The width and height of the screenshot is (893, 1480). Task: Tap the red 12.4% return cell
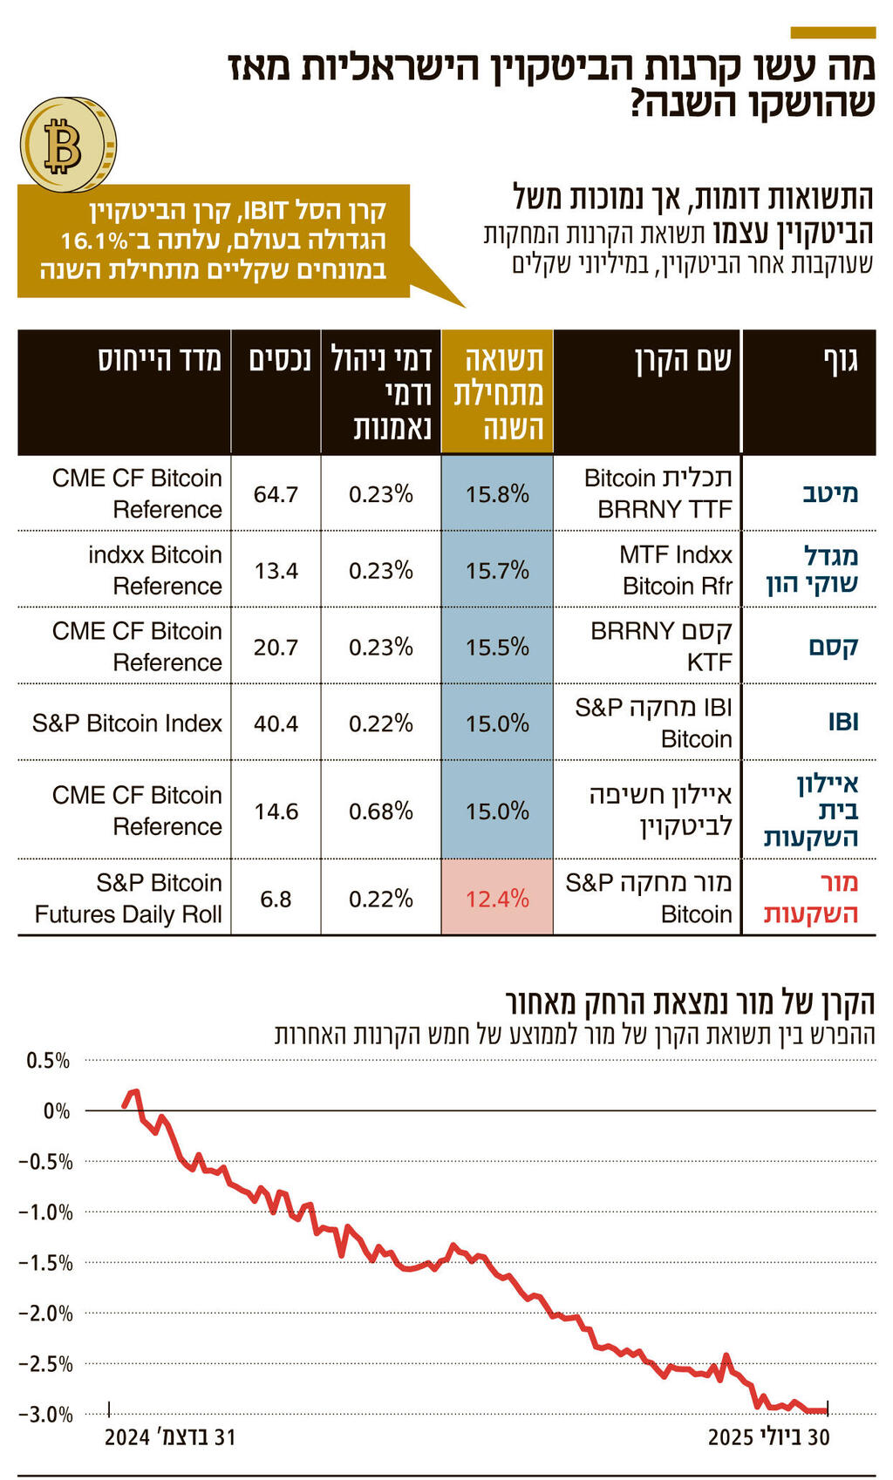pos(497,899)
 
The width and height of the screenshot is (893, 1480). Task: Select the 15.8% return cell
pos(497,494)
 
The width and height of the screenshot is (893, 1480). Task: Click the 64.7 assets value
pos(276,494)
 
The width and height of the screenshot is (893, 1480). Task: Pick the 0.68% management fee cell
pos(380,811)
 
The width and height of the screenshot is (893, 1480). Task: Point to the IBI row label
pos(842,722)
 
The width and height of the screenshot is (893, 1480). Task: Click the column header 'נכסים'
pos(279,359)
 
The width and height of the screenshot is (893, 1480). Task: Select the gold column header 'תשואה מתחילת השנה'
pos(497,391)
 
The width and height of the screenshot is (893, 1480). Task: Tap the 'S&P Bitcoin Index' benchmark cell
pos(127,723)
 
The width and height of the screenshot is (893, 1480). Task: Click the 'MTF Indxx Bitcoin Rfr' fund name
pos(676,570)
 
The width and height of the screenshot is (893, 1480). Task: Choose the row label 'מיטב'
pos(829,493)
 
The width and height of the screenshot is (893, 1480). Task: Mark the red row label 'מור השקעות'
pos(812,898)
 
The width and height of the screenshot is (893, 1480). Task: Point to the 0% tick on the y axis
pos(57,1111)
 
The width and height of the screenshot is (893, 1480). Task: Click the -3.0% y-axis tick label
pos(46,1415)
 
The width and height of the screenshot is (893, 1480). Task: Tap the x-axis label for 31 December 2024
pos(170,1437)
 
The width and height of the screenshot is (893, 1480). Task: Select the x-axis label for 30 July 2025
pos(768,1437)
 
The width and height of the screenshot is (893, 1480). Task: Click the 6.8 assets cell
pos(276,899)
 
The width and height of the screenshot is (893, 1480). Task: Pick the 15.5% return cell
pos(497,647)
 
